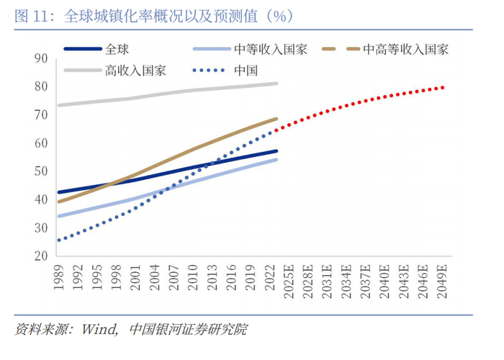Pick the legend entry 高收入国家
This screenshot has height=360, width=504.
[x=135, y=70]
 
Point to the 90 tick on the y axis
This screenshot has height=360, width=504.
[x=40, y=58]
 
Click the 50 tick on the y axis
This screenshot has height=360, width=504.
[x=40, y=171]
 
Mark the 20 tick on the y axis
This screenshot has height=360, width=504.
[x=40, y=256]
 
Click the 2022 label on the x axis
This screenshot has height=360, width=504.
[x=269, y=278]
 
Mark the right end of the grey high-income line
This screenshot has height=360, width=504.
[x=276, y=84]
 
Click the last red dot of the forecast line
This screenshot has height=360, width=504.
[x=442, y=87]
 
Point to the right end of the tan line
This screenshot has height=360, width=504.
[x=276, y=119]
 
